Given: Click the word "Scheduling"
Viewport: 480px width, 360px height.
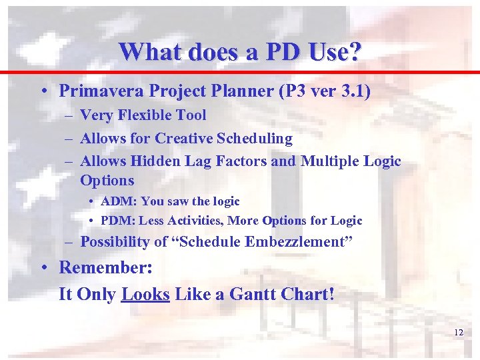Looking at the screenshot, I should (x=256, y=139).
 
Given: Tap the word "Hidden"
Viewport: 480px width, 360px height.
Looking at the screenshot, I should (x=155, y=161).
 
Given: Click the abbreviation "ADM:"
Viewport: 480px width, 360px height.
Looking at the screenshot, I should (x=119, y=201).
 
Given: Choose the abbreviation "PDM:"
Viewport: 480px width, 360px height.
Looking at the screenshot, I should (x=119, y=221).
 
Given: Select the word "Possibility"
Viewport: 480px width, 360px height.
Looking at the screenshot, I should (x=115, y=242).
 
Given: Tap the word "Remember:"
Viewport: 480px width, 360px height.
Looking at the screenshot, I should (x=105, y=268).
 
